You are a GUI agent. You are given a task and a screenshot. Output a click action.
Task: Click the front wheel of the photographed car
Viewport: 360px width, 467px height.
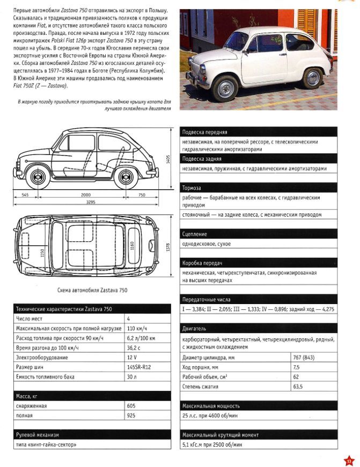[x=226, y=87]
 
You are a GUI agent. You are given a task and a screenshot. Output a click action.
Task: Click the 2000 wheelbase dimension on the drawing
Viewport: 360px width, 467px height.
[x=82, y=195]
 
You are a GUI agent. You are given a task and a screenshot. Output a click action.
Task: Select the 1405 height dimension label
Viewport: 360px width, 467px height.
[x=168, y=160]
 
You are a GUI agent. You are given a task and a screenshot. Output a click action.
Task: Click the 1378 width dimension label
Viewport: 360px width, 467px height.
[x=168, y=248]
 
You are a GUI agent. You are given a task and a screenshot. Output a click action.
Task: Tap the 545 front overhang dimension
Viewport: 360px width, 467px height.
[x=25, y=195]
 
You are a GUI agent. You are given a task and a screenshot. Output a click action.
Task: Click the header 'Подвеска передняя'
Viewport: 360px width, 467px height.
[x=205, y=132]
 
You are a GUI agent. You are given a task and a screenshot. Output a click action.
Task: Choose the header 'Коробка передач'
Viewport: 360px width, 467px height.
[x=202, y=263]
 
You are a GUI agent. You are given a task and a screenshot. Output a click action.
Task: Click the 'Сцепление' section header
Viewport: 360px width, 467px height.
[x=194, y=234]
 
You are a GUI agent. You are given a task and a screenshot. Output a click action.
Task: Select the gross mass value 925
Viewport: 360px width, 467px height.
[x=130, y=415]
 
